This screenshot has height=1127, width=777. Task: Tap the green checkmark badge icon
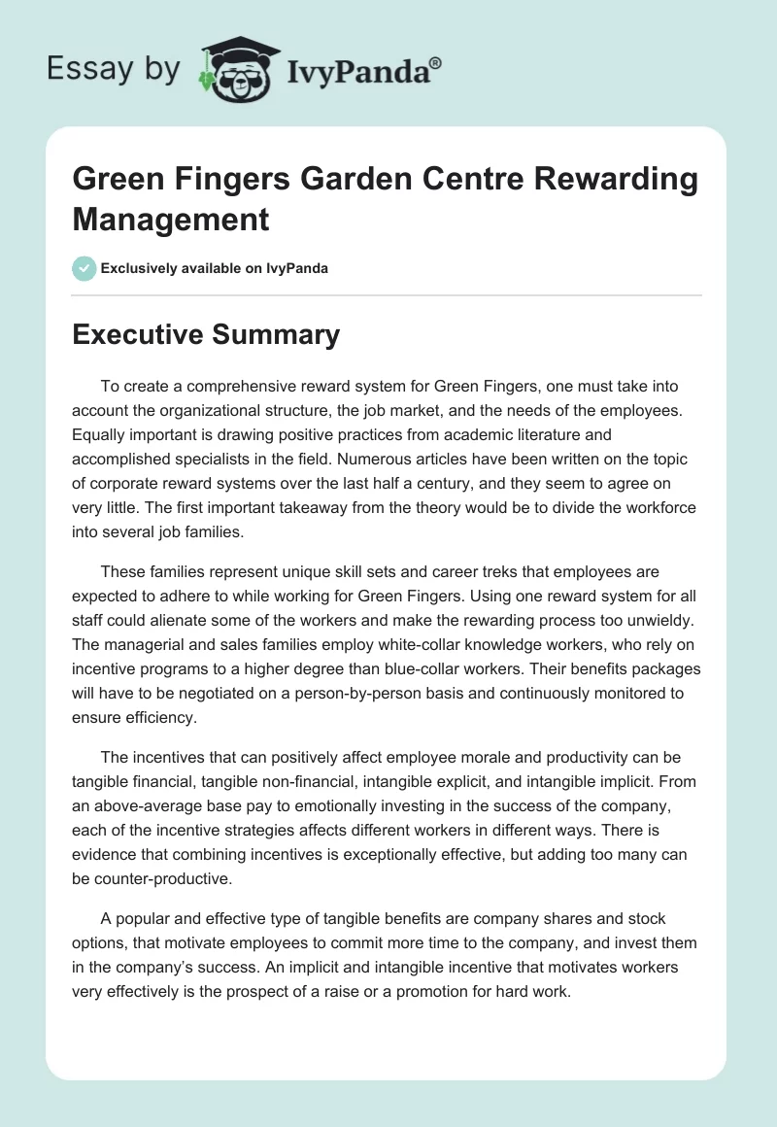pos(84,268)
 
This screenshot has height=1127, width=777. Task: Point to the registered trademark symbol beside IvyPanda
pos(436,63)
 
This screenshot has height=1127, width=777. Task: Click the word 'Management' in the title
pos(171,219)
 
